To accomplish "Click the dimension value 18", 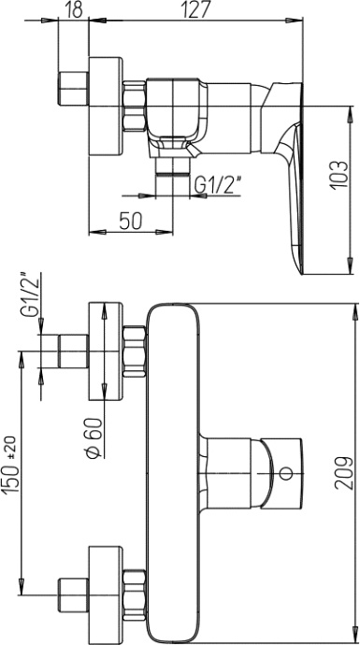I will (74, 10).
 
